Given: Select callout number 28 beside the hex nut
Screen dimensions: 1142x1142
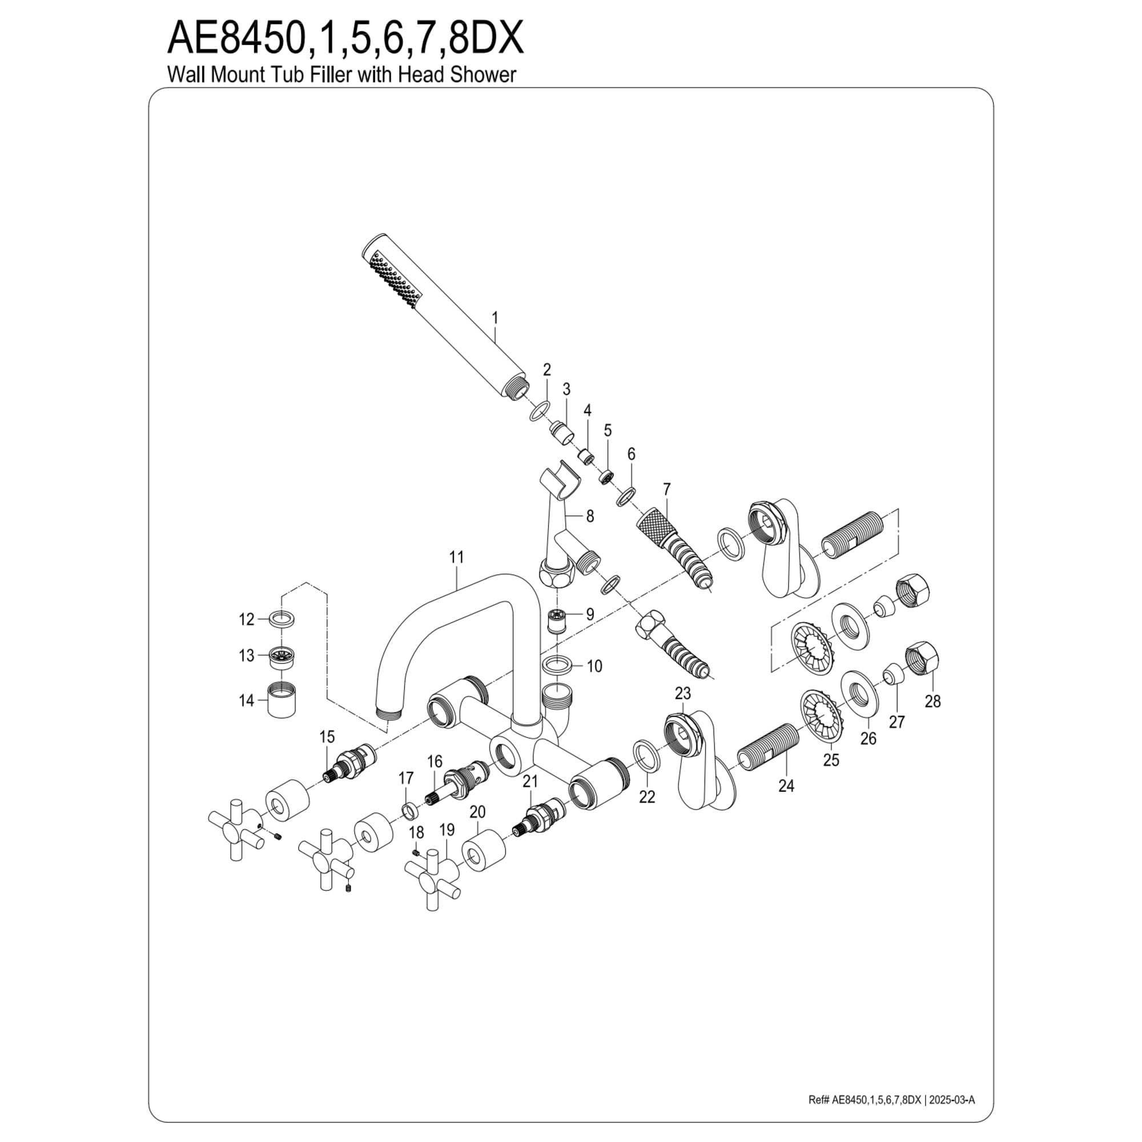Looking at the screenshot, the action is click(933, 701).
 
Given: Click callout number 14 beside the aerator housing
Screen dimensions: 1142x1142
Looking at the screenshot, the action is click(246, 701).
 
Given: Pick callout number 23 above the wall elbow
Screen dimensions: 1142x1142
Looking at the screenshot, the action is click(683, 692).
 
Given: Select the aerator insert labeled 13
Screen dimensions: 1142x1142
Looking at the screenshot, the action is click(284, 657).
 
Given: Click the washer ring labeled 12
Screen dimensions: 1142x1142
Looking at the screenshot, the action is click(284, 620).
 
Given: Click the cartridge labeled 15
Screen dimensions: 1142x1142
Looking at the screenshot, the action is click(350, 765).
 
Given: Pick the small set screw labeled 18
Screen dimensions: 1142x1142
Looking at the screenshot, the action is click(415, 852).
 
